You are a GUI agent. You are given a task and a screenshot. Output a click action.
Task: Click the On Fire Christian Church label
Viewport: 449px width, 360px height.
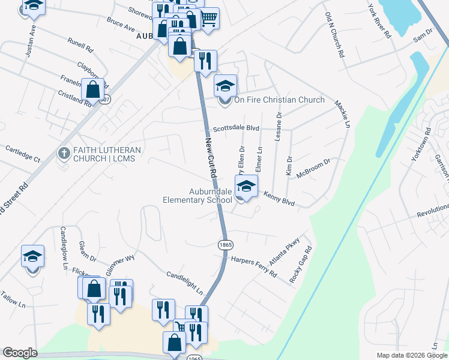279,100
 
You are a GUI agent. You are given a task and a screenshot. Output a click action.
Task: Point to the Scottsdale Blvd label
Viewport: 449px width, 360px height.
236,128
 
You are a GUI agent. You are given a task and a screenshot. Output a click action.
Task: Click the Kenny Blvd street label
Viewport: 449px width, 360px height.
279,199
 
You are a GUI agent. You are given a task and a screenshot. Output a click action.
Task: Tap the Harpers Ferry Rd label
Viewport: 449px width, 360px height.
254,266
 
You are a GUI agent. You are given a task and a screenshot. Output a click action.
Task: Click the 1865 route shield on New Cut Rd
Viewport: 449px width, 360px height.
226,245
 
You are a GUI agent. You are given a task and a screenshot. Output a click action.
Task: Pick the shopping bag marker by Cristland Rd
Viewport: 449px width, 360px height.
94,90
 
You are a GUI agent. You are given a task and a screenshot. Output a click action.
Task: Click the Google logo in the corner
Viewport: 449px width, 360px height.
19,353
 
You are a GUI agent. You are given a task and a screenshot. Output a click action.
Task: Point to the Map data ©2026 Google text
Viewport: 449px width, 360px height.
412,355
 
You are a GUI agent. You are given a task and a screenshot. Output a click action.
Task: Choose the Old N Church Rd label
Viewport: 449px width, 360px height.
334,35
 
